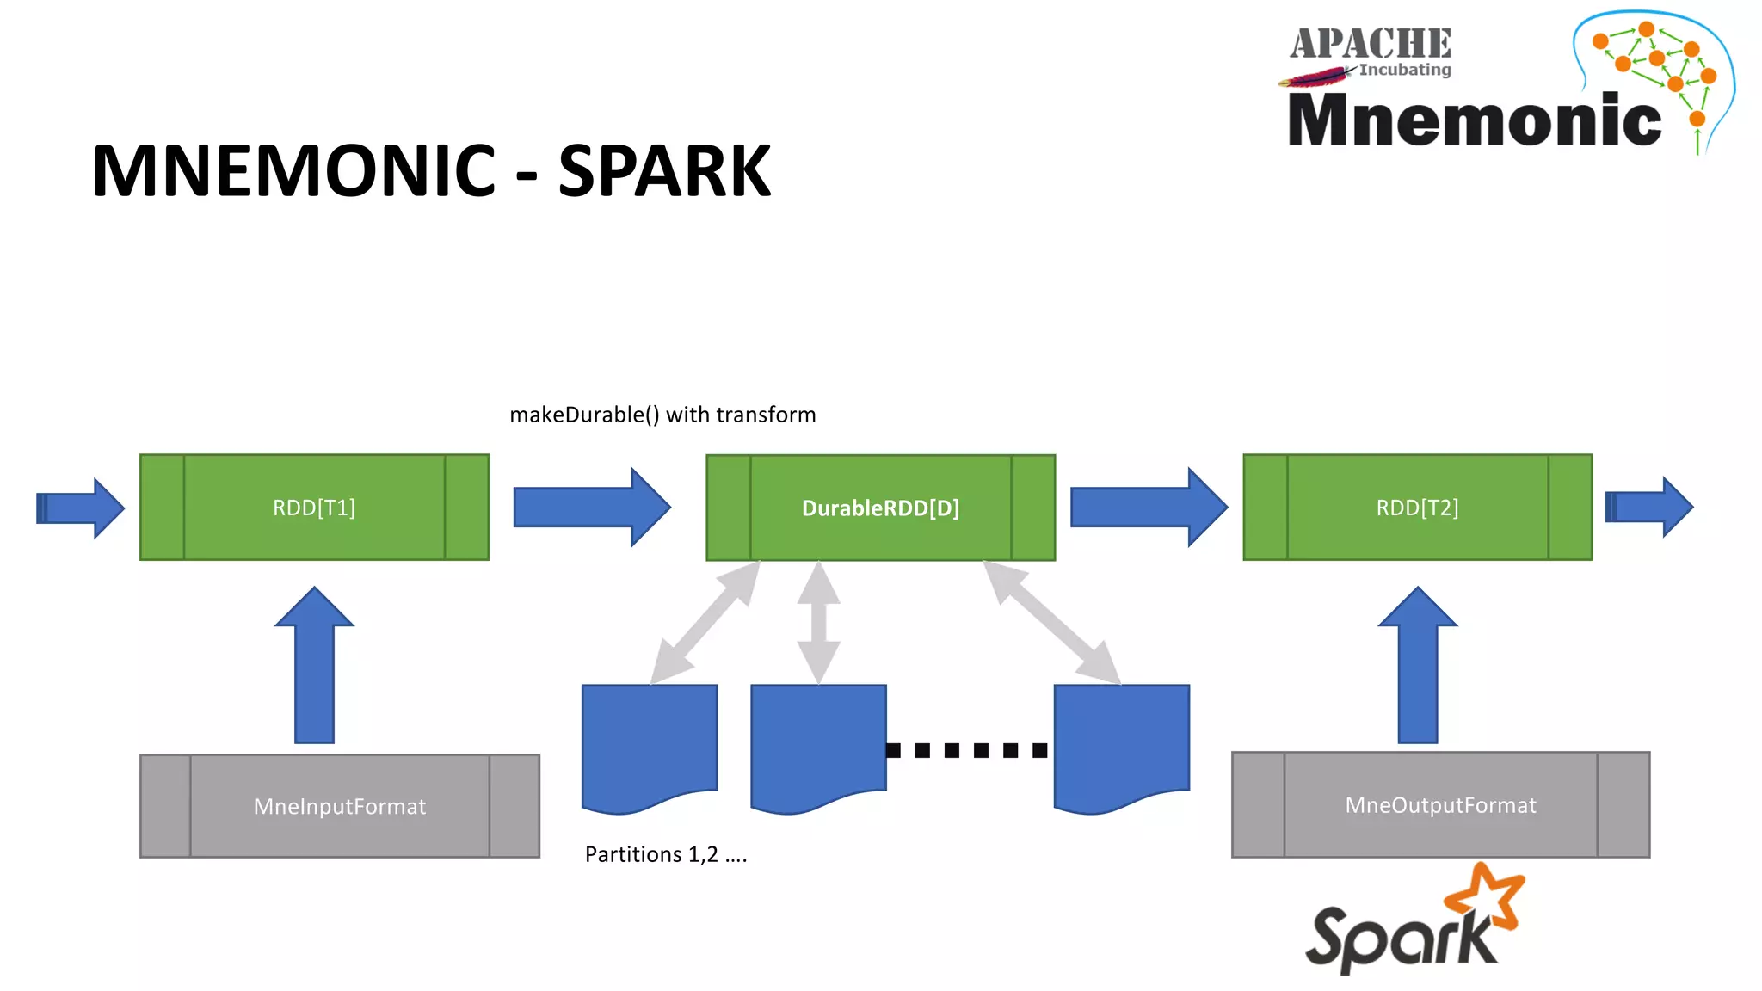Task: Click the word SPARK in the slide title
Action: click(664, 171)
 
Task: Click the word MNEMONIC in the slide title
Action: click(294, 171)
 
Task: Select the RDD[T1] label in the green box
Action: click(314, 508)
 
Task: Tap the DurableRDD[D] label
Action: click(880, 508)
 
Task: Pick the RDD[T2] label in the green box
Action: click(1417, 508)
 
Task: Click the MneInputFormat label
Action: click(339, 807)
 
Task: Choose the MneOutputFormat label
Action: click(1440, 805)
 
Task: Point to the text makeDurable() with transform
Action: click(662, 415)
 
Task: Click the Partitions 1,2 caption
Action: click(666, 854)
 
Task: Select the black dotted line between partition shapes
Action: click(967, 750)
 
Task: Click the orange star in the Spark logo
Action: click(1487, 899)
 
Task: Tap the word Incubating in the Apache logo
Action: click(1405, 70)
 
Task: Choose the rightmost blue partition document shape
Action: click(1121, 745)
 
